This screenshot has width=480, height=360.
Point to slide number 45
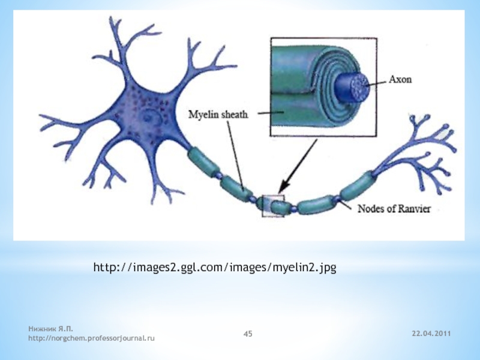(x=248, y=333)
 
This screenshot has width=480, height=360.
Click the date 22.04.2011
(x=433, y=333)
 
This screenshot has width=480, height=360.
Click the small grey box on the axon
(x=274, y=206)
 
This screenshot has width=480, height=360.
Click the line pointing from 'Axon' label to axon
(x=378, y=82)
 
